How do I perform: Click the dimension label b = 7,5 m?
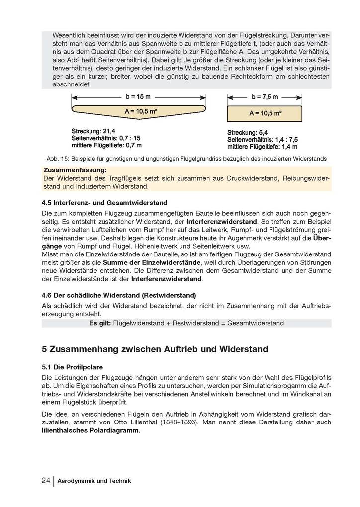[265, 97]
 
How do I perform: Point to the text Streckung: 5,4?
[247, 133]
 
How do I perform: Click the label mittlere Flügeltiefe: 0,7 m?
[106, 145]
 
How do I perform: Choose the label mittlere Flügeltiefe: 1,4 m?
[262, 147]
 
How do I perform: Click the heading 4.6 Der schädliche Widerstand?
[119, 295]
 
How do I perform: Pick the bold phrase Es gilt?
[100, 323]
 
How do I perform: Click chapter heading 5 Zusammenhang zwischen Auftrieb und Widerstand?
[155, 349]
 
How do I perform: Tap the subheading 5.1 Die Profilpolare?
[72, 367]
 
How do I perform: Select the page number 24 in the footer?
[46, 481]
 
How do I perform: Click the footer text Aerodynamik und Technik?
[94, 481]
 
